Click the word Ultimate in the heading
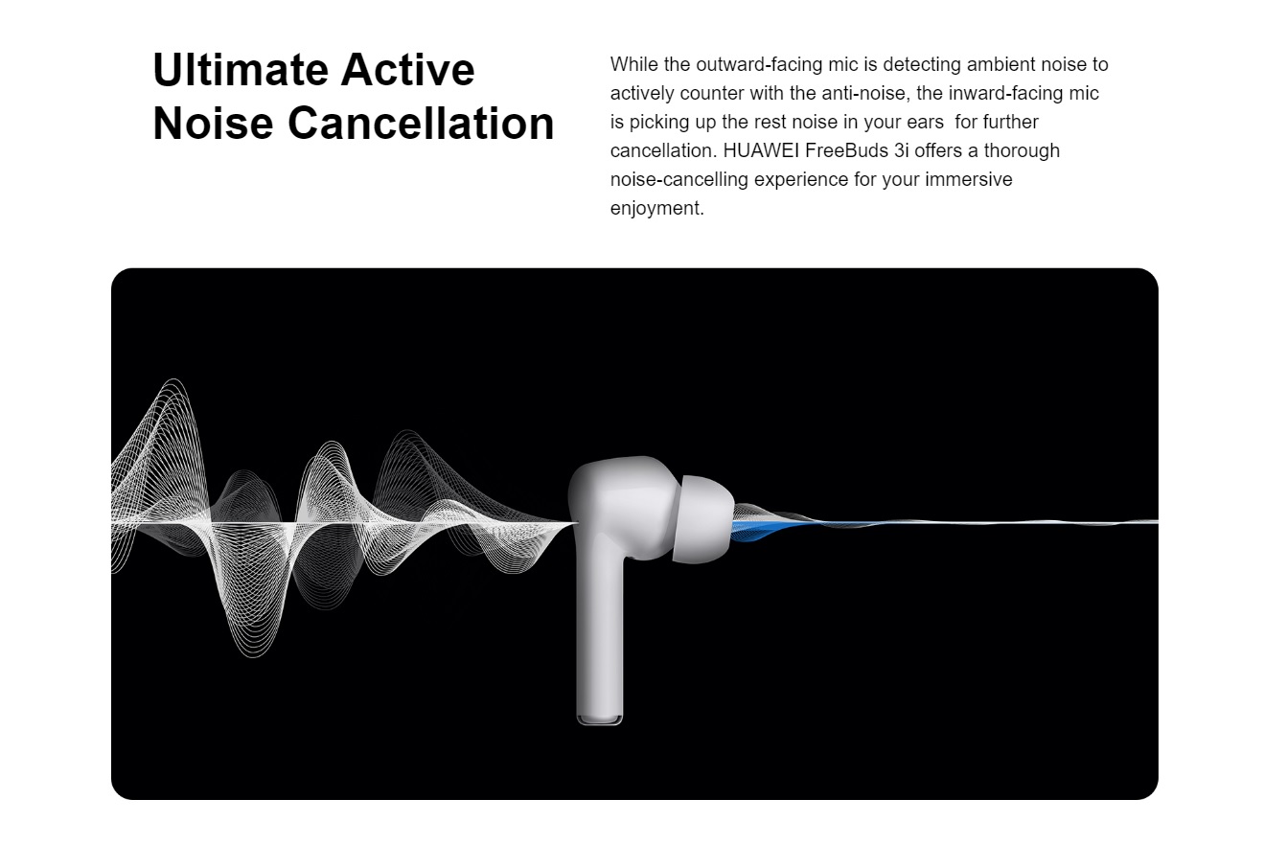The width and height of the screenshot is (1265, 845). [x=240, y=69]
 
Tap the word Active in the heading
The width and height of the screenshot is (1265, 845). [x=407, y=69]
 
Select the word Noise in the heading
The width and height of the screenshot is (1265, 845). [x=213, y=123]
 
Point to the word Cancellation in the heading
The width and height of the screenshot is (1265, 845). [x=422, y=123]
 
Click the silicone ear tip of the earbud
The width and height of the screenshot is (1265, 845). [x=703, y=519]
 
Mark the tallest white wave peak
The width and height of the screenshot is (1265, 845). [x=173, y=381]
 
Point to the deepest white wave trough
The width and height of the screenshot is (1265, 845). [x=253, y=653]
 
